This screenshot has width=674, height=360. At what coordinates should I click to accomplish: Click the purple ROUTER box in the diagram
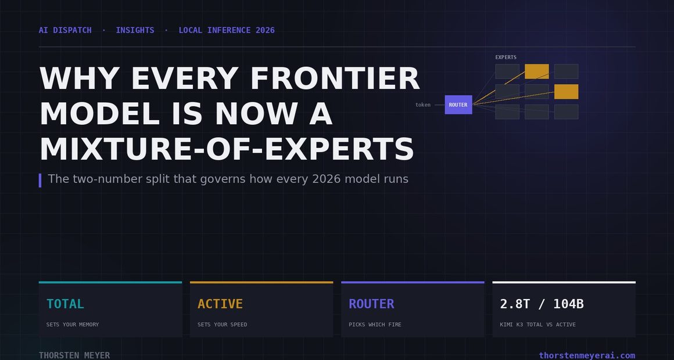pos(458,105)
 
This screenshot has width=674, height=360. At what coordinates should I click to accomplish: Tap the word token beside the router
pos(423,105)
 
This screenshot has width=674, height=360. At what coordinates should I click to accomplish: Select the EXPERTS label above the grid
pos(506,57)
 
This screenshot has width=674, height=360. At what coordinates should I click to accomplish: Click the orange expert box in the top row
pos(537,71)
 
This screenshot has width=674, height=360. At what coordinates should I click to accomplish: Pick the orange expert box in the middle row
pos(566,92)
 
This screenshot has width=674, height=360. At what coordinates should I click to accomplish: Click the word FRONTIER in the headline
pos(335,78)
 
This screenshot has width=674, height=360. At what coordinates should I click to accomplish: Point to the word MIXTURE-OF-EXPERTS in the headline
pos(227,149)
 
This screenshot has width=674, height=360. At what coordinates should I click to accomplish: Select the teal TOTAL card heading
pos(65,304)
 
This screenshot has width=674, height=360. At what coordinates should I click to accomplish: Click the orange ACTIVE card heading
pos(220,304)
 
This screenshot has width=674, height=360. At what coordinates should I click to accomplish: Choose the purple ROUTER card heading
pos(371,304)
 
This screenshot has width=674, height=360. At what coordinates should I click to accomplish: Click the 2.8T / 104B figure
pos(542,304)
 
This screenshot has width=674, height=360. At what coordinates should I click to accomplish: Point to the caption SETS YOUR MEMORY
pos(73,325)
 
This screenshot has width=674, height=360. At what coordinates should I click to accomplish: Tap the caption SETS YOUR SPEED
pos(222,325)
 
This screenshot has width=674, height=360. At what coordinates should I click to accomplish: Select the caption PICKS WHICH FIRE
pos(375,325)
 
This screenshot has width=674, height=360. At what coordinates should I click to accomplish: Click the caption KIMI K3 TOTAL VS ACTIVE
pos(537,325)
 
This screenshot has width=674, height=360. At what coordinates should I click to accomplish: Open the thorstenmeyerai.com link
pos(587,355)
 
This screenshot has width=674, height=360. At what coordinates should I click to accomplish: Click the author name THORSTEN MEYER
pos(74,355)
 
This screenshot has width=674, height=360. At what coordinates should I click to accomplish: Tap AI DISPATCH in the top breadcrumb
pos(65,30)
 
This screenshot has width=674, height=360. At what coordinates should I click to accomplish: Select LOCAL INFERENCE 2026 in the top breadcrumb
pos(227,30)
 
